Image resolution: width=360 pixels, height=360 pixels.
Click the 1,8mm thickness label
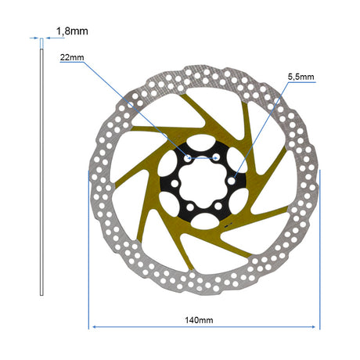[72, 31]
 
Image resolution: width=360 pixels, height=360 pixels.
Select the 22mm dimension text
[72, 57]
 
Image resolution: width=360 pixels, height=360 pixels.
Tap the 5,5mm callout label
[301, 77]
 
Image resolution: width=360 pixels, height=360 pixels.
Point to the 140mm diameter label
[199, 320]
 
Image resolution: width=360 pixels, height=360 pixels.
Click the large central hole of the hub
[203, 182]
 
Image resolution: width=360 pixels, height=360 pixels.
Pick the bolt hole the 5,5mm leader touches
[231, 181]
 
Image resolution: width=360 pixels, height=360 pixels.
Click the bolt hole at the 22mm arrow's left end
[188, 158]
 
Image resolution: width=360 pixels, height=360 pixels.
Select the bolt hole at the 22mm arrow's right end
[216, 157]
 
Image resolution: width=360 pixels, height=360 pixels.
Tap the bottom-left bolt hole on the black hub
[190, 207]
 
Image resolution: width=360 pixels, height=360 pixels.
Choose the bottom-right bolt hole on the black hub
[218, 207]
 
